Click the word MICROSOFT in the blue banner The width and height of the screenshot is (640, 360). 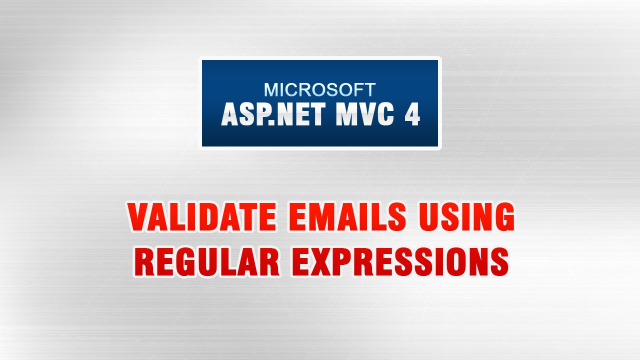[x=319, y=89]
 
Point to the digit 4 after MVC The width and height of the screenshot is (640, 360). [x=411, y=115]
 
